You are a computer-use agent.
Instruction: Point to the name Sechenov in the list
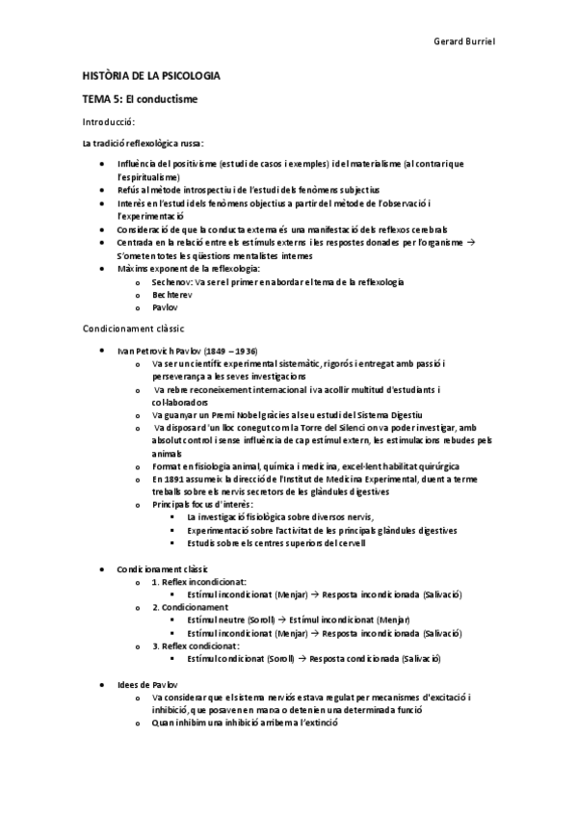pyautogui.click(x=171, y=281)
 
